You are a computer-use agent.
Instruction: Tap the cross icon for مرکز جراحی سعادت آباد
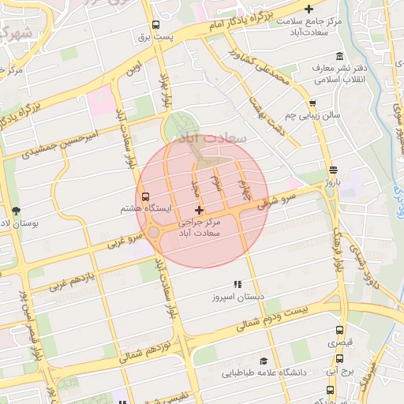tap(198, 210)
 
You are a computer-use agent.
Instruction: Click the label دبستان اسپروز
tap(228, 298)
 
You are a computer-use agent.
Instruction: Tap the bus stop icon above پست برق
tap(155, 24)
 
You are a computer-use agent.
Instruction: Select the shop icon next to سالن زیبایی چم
tap(313, 103)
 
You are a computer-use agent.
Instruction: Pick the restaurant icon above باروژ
tap(332, 168)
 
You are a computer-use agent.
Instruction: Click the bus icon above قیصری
tap(339, 331)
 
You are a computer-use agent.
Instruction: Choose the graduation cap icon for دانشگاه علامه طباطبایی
tap(272, 361)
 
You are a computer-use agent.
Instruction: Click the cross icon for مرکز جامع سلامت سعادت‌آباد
tap(331, 9)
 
